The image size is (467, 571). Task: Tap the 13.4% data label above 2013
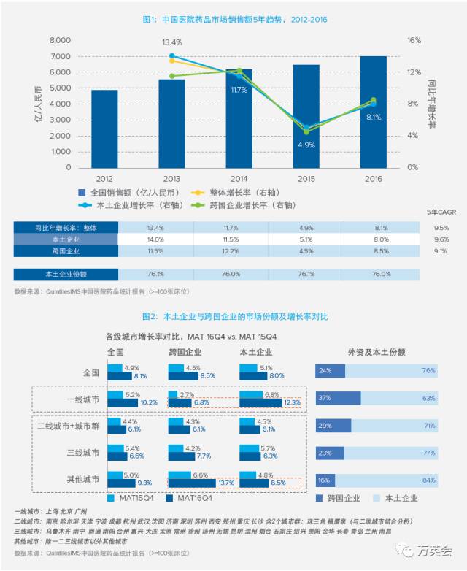pyautogui.click(x=171, y=42)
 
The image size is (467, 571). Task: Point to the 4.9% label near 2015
pyautogui.click(x=305, y=145)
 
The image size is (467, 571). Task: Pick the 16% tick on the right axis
pyautogui.click(x=414, y=40)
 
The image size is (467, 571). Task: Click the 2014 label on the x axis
pyautogui.click(x=239, y=178)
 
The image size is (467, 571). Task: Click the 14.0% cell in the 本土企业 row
pyautogui.click(x=156, y=239)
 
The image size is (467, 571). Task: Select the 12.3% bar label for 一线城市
pyautogui.click(x=292, y=402)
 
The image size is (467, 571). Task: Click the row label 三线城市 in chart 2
pyautogui.click(x=82, y=453)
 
